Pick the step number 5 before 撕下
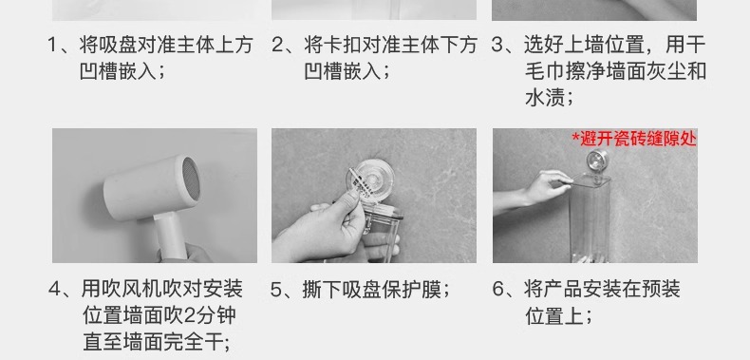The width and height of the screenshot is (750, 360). click(x=279, y=288)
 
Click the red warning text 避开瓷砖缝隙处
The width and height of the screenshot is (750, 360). click(x=637, y=139)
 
